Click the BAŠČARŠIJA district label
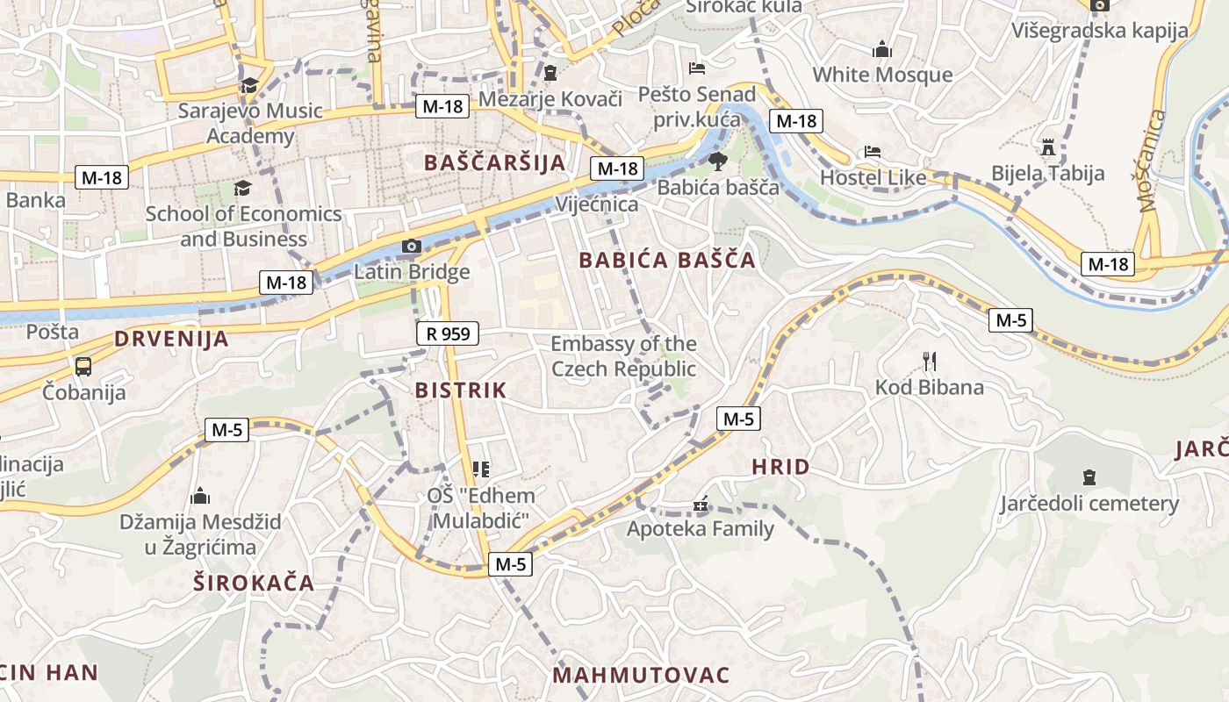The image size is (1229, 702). pos(494,162)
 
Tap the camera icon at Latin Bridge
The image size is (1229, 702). pos(411,247)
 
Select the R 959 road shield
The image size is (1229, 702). pos(448,333)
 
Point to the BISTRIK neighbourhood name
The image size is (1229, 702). pos(461,390)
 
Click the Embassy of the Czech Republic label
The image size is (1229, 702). pos(623,356)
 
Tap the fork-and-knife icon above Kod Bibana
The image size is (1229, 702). pos(930,361)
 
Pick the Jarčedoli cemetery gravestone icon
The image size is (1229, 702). pos(1089,478)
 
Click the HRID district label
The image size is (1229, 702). pos(780,467)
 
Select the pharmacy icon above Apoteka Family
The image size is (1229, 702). pos(700,505)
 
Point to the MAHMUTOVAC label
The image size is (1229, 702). pos(642,675)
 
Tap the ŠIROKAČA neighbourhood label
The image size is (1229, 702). pos(254,583)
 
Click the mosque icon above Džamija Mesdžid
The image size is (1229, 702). pos(200,496)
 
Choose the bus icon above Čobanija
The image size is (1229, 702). pos(83,366)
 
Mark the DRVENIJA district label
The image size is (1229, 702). pos(171,339)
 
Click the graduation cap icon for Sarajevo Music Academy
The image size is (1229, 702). pos(250,85)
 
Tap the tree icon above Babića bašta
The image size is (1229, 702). pos(717,161)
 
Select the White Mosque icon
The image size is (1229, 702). pos(882,50)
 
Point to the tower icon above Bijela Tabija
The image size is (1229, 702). pos(1047,147)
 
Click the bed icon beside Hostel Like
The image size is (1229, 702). pos(872,152)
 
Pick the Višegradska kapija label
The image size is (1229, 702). pos(1099,31)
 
